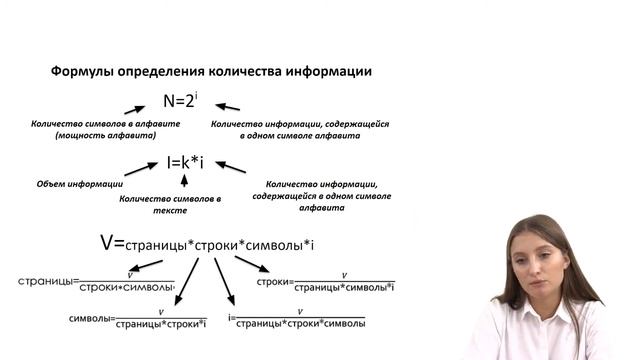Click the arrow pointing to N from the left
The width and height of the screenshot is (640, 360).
coord(136,108)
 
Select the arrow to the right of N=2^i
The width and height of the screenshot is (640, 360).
coord(228,106)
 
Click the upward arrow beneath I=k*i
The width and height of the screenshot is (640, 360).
coord(184,181)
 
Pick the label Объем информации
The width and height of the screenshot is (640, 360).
coord(80,184)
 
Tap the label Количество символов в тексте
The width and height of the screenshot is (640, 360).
coord(170,204)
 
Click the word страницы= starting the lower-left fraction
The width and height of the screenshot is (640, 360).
coord(48,282)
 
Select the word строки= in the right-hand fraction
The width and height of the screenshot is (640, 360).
coord(274,281)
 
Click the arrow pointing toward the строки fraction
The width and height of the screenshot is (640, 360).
coord(252,263)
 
